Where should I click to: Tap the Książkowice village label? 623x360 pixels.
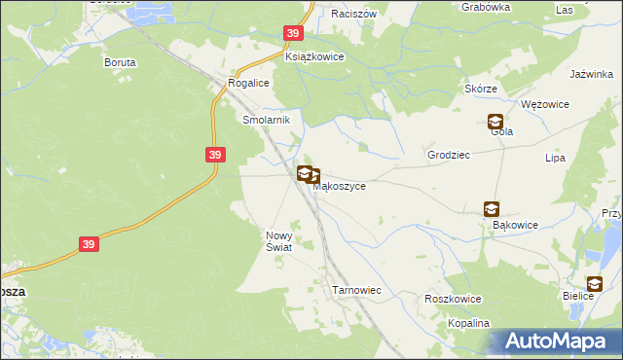point(314,57)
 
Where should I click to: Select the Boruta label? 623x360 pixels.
point(120,61)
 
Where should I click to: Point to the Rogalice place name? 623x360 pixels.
point(247,84)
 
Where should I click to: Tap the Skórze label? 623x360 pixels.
point(481,89)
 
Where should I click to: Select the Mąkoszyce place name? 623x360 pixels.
point(339,186)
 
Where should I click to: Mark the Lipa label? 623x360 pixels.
point(557,157)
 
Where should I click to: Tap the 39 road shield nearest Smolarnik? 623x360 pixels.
point(216,154)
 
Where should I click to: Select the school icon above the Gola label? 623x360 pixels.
point(495,122)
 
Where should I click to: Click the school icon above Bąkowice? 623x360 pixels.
point(492,208)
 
